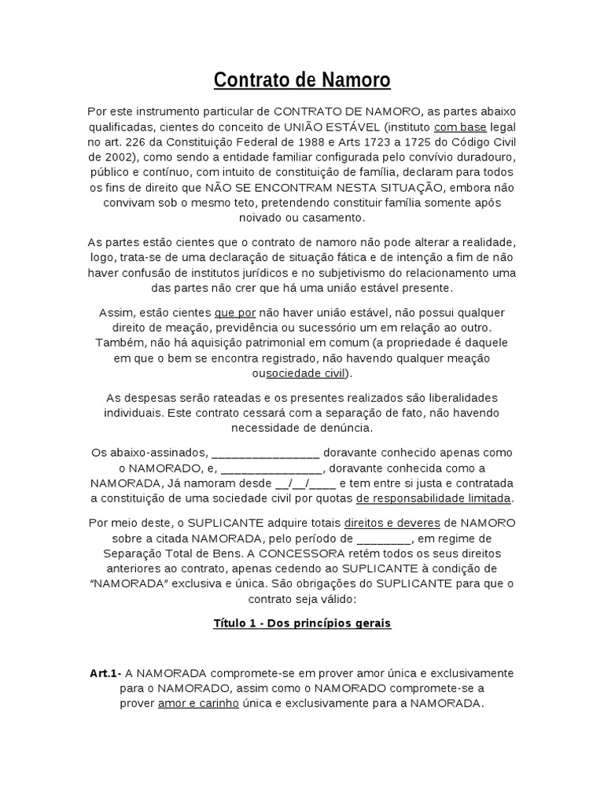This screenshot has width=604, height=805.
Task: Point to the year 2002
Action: [x=127, y=157]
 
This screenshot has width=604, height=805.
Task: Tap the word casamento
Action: [x=333, y=217]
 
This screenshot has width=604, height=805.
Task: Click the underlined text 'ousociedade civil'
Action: [x=298, y=373]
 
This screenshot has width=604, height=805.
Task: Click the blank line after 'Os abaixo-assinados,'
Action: [x=266, y=454]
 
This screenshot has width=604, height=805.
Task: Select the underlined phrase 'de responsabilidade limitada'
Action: [x=434, y=498]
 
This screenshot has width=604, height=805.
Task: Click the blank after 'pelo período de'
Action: [x=384, y=539]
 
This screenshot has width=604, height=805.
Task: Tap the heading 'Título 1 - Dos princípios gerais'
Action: [x=302, y=623]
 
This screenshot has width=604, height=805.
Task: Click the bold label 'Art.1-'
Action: [x=105, y=674]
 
